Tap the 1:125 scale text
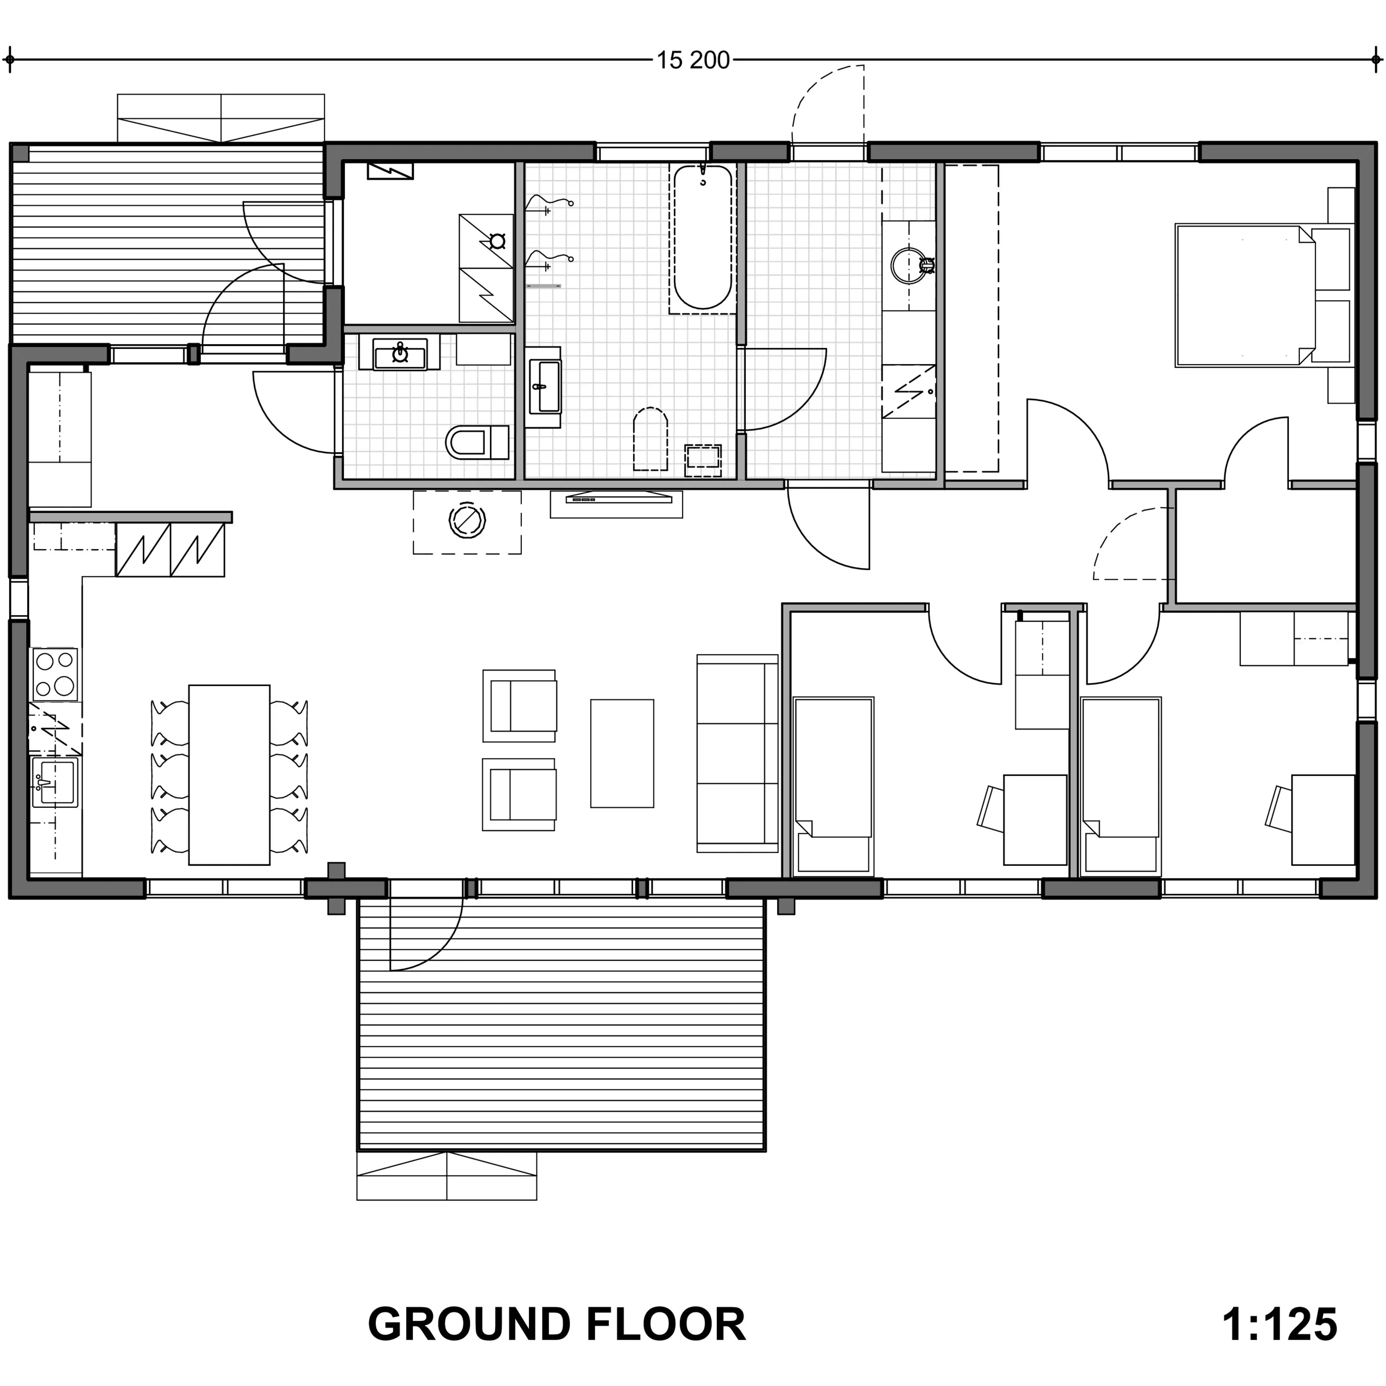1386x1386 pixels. [1279, 1324]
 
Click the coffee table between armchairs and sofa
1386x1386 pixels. [622, 753]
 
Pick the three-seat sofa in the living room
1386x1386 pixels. [737, 753]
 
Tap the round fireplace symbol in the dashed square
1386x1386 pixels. [466, 521]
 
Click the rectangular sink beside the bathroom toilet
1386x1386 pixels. [544, 387]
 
